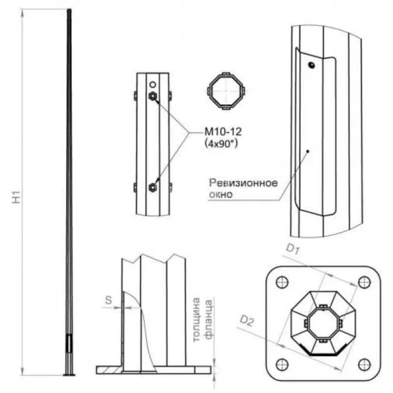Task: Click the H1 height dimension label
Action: (16, 197)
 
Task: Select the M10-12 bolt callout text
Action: (223, 132)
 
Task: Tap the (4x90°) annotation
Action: (221, 144)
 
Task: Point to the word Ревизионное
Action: (243, 183)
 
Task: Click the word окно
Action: (221, 194)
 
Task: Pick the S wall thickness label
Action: (108, 300)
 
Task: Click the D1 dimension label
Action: (293, 249)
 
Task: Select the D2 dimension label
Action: (246, 321)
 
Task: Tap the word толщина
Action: (196, 319)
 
